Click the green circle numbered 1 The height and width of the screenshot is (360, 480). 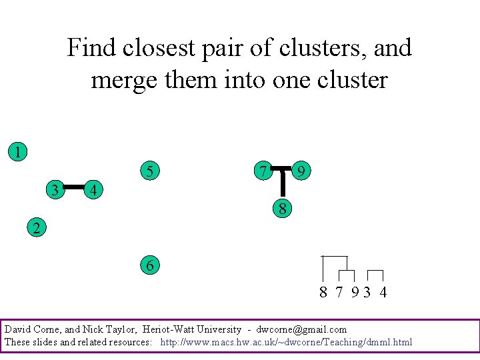[18, 151]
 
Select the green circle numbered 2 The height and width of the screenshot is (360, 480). [37, 228]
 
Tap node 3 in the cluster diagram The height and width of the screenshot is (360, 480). [56, 190]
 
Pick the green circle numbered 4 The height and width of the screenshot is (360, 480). [95, 190]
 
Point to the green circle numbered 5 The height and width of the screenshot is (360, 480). [150, 171]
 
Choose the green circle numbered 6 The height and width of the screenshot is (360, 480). [150, 266]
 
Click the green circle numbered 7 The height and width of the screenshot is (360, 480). [264, 171]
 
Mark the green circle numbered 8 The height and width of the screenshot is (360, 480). [283, 209]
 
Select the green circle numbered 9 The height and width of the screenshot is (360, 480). [302, 171]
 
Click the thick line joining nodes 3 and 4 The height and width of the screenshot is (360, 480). [75, 187]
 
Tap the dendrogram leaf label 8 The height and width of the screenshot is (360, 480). [323, 292]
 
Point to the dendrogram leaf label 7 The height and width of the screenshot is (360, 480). [339, 292]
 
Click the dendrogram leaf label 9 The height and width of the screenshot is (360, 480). [356, 292]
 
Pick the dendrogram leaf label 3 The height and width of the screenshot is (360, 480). [367, 292]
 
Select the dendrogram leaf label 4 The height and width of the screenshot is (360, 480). [383, 292]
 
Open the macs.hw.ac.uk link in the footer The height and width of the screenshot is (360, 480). [286, 342]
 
